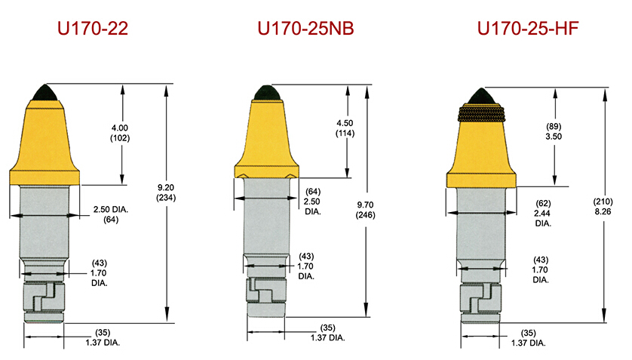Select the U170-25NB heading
click(305, 29)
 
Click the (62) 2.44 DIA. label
click(543, 214)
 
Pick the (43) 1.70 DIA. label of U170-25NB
click(306, 266)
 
